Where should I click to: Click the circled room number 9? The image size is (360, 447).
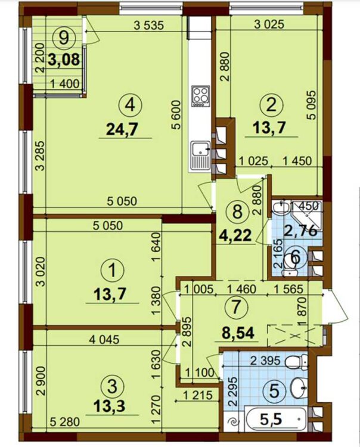(x=63, y=38)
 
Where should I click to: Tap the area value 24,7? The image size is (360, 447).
(x=122, y=130)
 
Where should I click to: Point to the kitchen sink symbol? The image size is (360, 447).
(x=201, y=156)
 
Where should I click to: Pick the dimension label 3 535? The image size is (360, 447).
(x=149, y=26)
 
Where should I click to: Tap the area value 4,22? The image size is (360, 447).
(x=235, y=235)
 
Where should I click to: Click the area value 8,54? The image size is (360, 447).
(x=238, y=333)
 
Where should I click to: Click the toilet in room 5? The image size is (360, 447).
(x=297, y=362)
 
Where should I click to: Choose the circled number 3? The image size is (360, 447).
(x=112, y=387)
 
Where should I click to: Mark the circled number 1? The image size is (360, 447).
(x=113, y=270)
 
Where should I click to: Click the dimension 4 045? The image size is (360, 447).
(x=104, y=340)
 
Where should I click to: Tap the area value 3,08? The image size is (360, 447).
(x=64, y=60)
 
